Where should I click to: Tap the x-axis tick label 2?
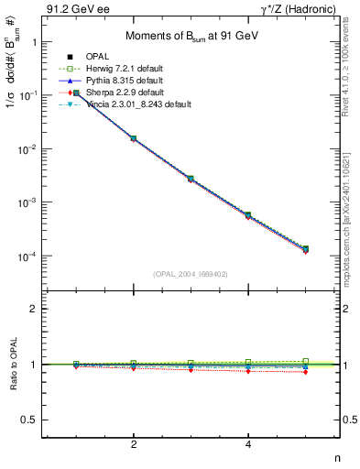tap(134, 444)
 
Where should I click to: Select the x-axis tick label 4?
tap(248, 444)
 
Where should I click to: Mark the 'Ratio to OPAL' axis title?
tap(12, 365)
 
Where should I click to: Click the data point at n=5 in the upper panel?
tap(306, 248)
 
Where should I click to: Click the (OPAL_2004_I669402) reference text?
tap(191, 273)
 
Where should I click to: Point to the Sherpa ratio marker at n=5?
tap(306, 372)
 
